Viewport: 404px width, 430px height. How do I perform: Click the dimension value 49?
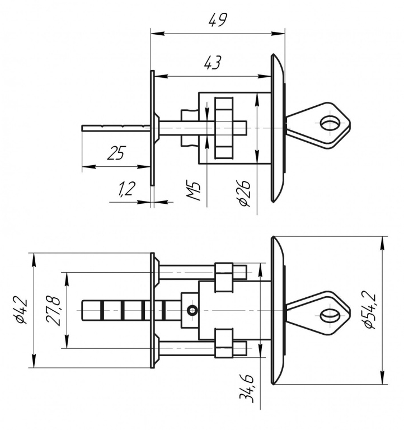coord(217,21)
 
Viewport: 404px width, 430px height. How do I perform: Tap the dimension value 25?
coord(116,153)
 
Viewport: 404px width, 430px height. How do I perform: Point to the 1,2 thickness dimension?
coord(127,190)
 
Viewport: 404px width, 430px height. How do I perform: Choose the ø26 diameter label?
coord(244,193)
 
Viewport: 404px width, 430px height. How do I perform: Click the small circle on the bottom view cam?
coord(192,310)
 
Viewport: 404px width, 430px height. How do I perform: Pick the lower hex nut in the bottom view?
coord(224,343)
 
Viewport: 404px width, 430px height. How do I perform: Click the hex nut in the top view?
coord(224,128)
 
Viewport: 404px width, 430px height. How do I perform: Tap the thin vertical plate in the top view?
coord(152,128)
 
